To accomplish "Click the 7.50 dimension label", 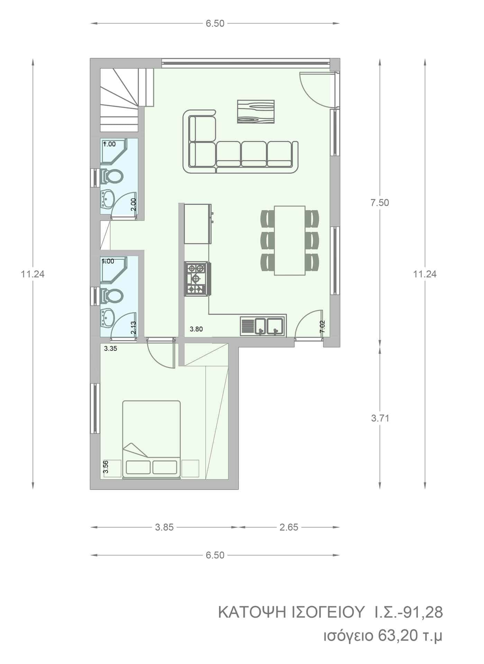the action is pos(380,203).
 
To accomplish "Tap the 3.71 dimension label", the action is pos(380,418).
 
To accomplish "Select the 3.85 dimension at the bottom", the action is pos(164,527).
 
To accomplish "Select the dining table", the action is pos(290,241).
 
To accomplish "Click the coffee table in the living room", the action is pos(256,112).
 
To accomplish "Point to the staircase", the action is pos(127,100).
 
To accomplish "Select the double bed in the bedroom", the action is pos(152,440).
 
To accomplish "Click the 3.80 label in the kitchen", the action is pos(196,329).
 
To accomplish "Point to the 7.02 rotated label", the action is pos(322,327).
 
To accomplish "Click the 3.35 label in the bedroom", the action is pos(111,349).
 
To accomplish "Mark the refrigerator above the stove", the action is pos(197,224).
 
